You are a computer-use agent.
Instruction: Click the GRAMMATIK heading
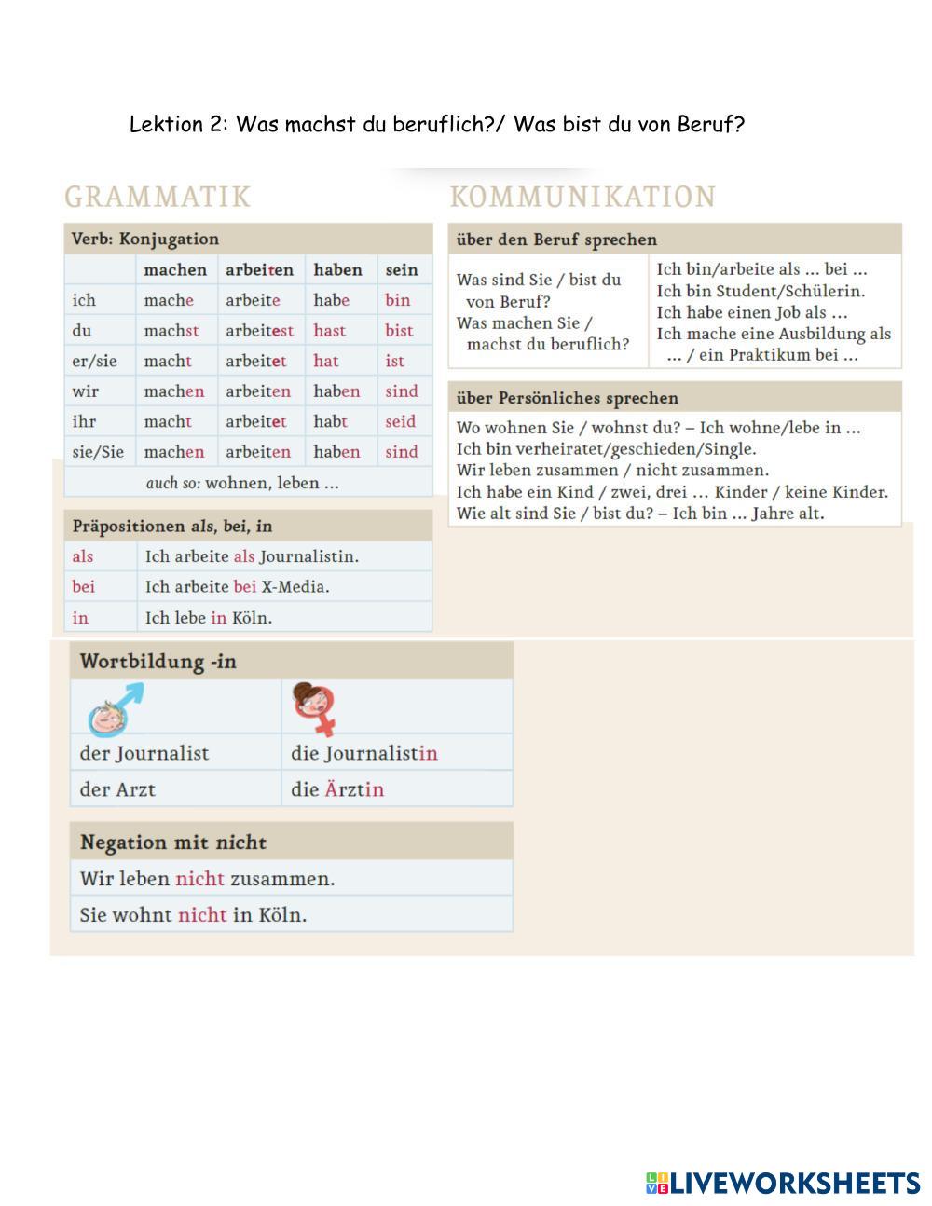click(158, 197)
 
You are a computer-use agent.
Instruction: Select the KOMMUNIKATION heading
click(582, 197)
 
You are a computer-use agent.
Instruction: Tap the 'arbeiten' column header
click(259, 270)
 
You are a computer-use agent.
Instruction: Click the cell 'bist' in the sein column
click(399, 331)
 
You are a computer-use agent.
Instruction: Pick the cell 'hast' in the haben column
click(330, 331)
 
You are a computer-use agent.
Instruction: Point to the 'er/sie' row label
click(94, 361)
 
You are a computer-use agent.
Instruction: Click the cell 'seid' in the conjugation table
click(401, 421)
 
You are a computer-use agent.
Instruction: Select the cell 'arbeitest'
click(259, 331)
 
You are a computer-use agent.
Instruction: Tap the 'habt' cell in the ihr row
click(330, 421)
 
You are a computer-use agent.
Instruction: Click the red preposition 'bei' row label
click(84, 587)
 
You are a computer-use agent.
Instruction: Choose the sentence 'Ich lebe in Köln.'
click(209, 618)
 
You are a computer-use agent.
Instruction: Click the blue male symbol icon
click(117, 708)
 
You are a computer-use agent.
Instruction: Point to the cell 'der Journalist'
click(144, 753)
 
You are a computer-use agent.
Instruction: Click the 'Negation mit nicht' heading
click(173, 843)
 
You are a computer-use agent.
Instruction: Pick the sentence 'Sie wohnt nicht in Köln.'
click(193, 915)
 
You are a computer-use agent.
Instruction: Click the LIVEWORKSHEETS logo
click(783, 1184)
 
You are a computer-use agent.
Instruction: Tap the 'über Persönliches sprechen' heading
click(568, 398)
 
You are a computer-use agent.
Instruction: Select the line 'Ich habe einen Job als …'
click(752, 312)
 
